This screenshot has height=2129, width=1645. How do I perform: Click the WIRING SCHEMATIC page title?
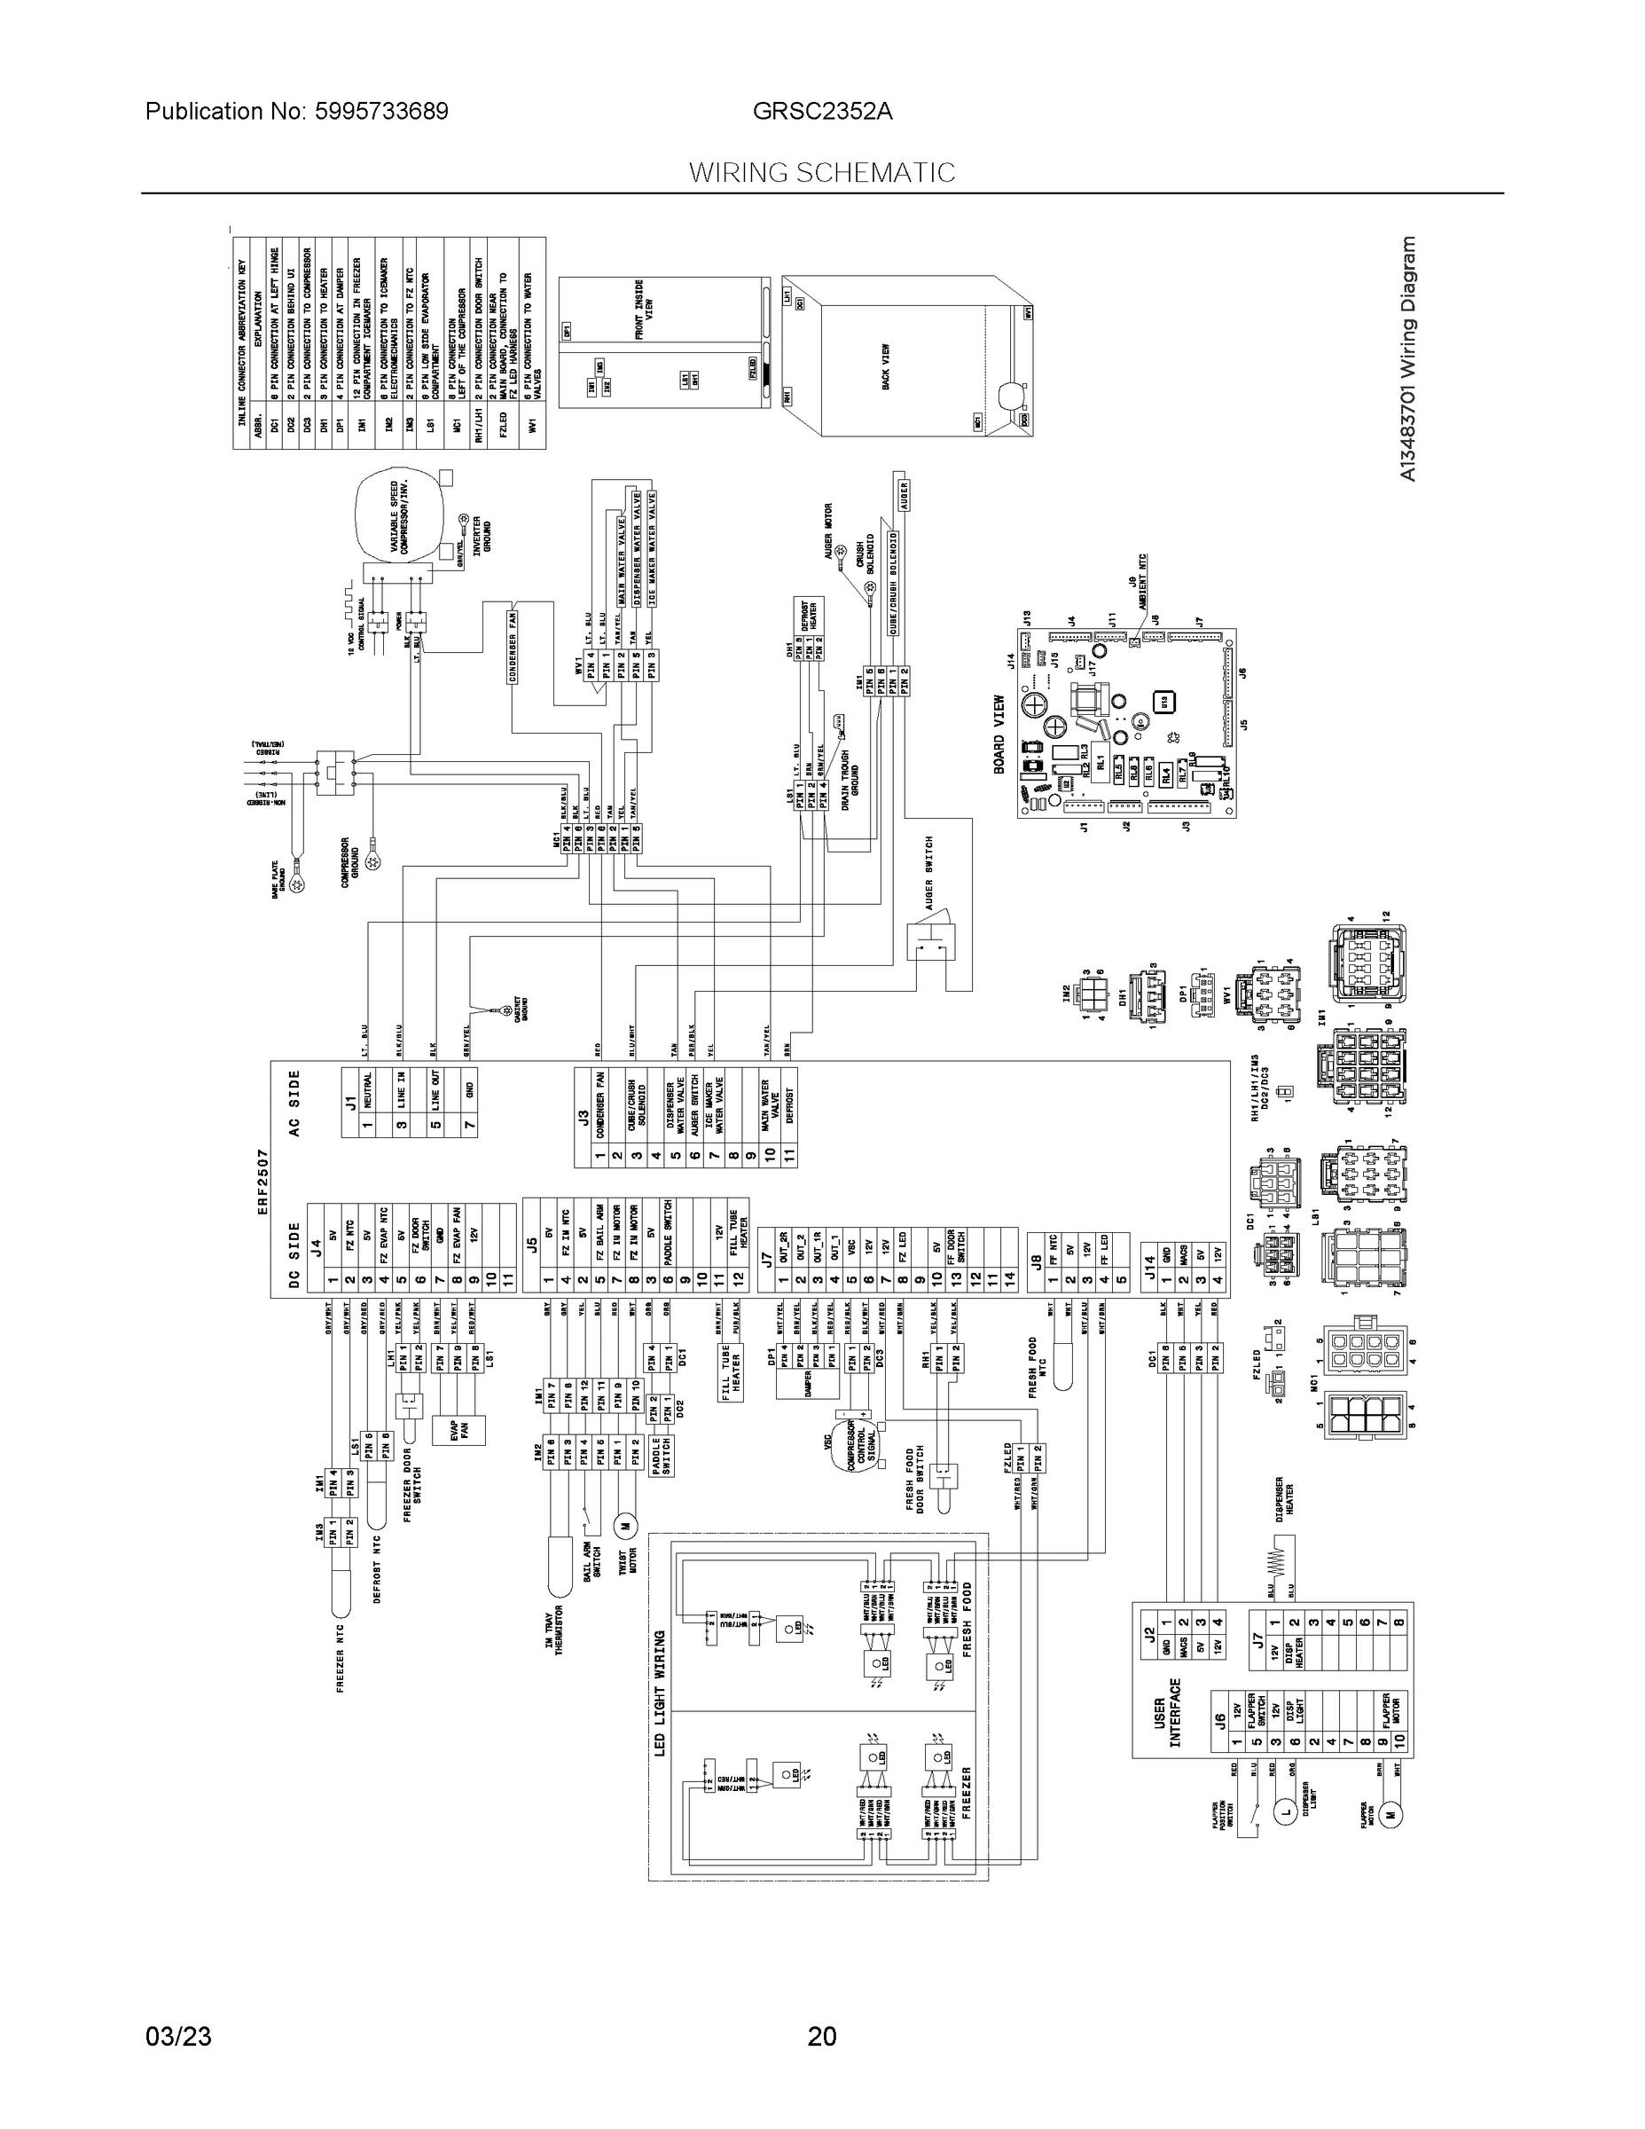821,173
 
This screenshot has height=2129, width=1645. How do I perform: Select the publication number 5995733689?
296,111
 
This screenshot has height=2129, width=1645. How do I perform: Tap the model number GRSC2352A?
821,111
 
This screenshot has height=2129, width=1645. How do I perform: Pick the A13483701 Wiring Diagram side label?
1406,358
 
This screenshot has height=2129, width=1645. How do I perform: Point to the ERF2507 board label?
263,1181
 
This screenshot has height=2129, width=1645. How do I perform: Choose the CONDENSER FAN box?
513,644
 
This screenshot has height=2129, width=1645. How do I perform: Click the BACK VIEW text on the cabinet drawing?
886,366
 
